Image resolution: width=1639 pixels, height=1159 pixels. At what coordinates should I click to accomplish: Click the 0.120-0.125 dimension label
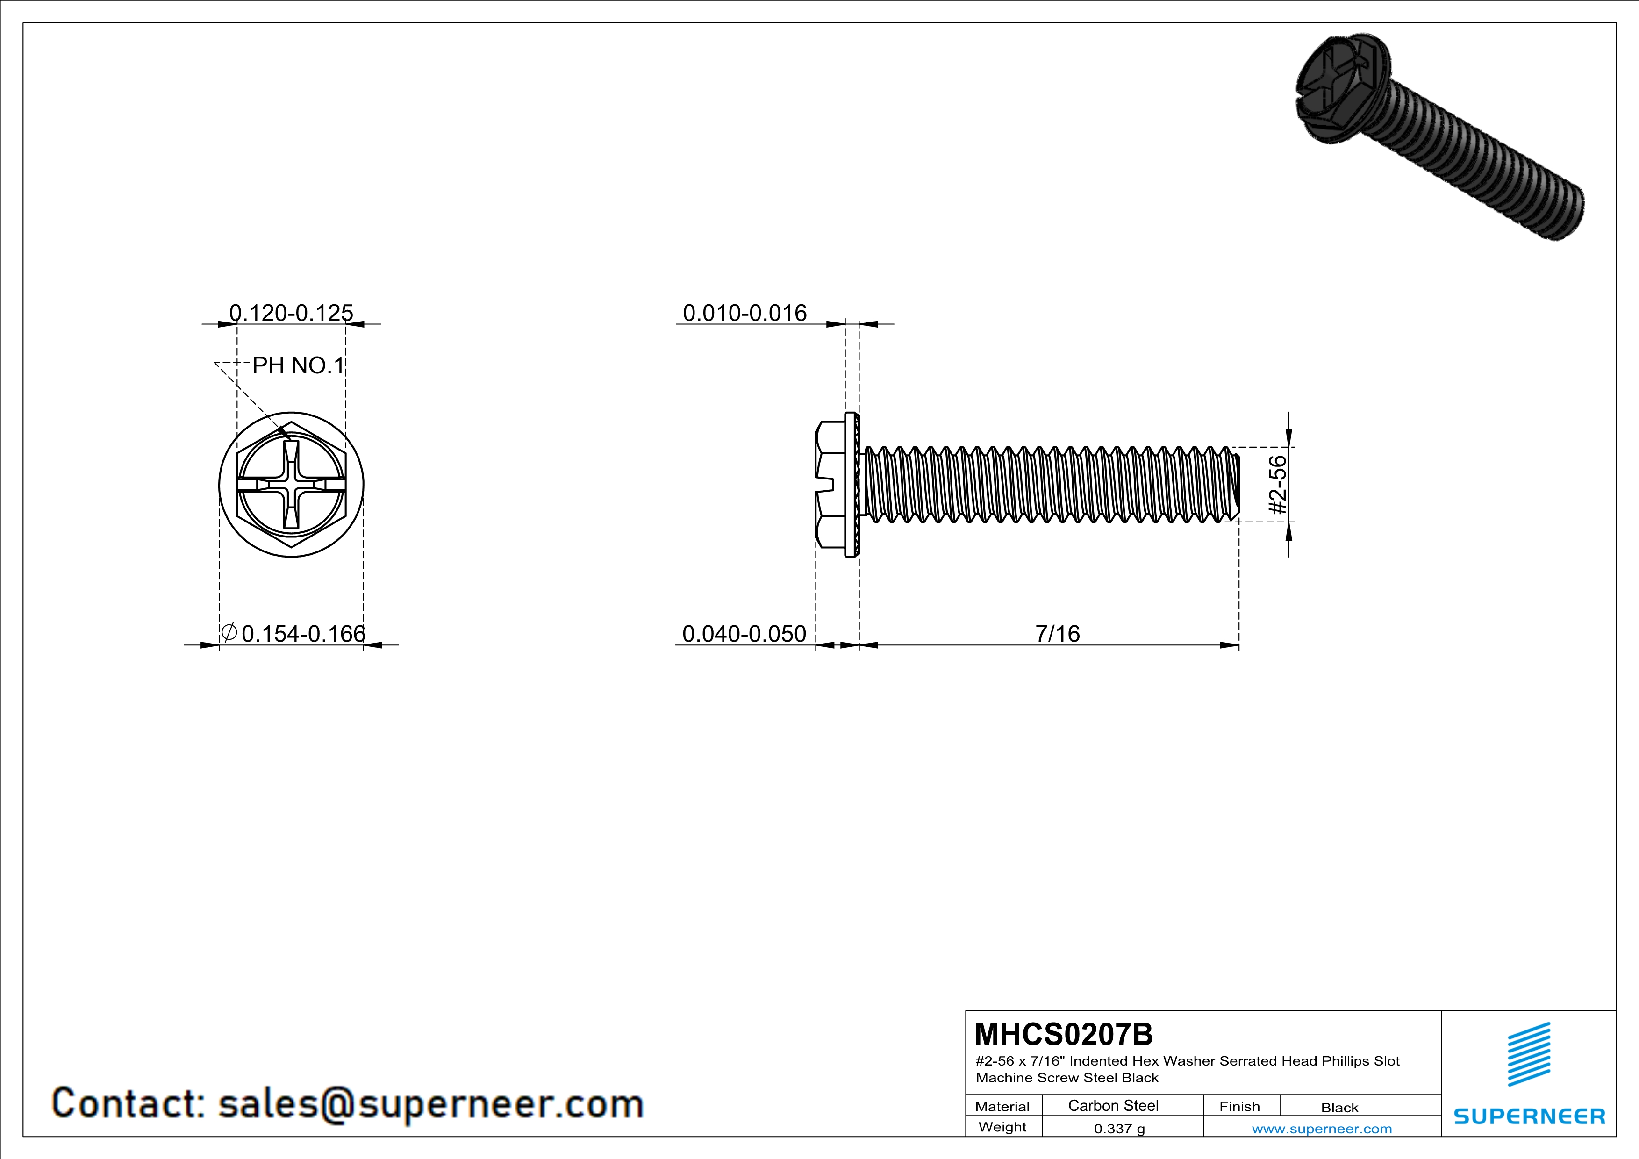[291, 313]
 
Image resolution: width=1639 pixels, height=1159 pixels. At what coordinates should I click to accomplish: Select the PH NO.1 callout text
[298, 365]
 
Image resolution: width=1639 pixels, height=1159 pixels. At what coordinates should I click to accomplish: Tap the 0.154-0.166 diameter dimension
[293, 633]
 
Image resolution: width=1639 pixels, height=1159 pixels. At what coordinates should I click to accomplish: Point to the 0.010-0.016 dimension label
[744, 313]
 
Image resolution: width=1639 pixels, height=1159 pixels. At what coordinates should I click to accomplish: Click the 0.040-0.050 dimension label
[744, 634]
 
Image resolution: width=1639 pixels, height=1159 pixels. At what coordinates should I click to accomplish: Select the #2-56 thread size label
[1278, 485]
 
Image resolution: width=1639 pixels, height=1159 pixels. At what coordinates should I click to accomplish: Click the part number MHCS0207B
[1064, 1034]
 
